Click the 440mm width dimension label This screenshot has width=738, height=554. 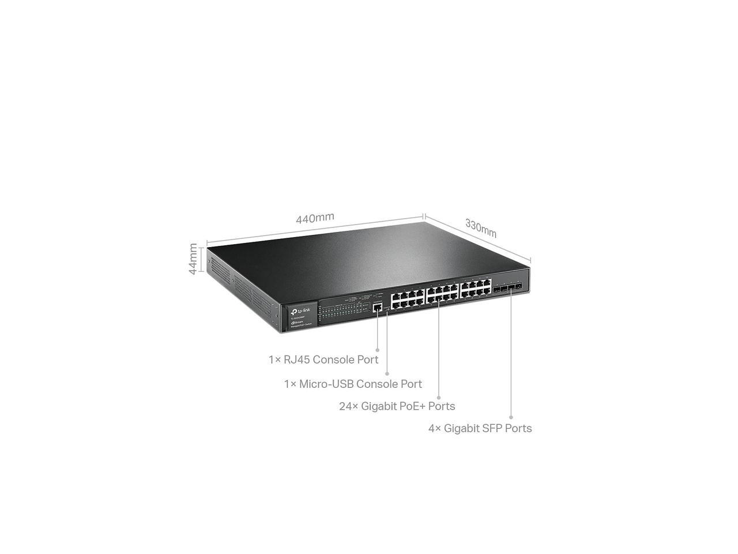[x=315, y=218]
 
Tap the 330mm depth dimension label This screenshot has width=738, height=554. [x=481, y=228]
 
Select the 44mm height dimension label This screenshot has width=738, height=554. [x=194, y=259]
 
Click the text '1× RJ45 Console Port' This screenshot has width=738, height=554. [x=323, y=360]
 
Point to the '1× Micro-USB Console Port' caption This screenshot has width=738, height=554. [x=353, y=384]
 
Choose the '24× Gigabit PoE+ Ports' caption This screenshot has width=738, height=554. [x=397, y=406]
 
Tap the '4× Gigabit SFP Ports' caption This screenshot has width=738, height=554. [x=480, y=428]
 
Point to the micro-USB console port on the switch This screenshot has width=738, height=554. [x=387, y=309]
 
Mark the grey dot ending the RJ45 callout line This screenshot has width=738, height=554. [x=378, y=349]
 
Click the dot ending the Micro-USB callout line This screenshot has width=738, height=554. [x=387, y=374]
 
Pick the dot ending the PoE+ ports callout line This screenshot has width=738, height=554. [x=439, y=397]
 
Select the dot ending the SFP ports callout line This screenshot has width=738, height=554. [x=511, y=417]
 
